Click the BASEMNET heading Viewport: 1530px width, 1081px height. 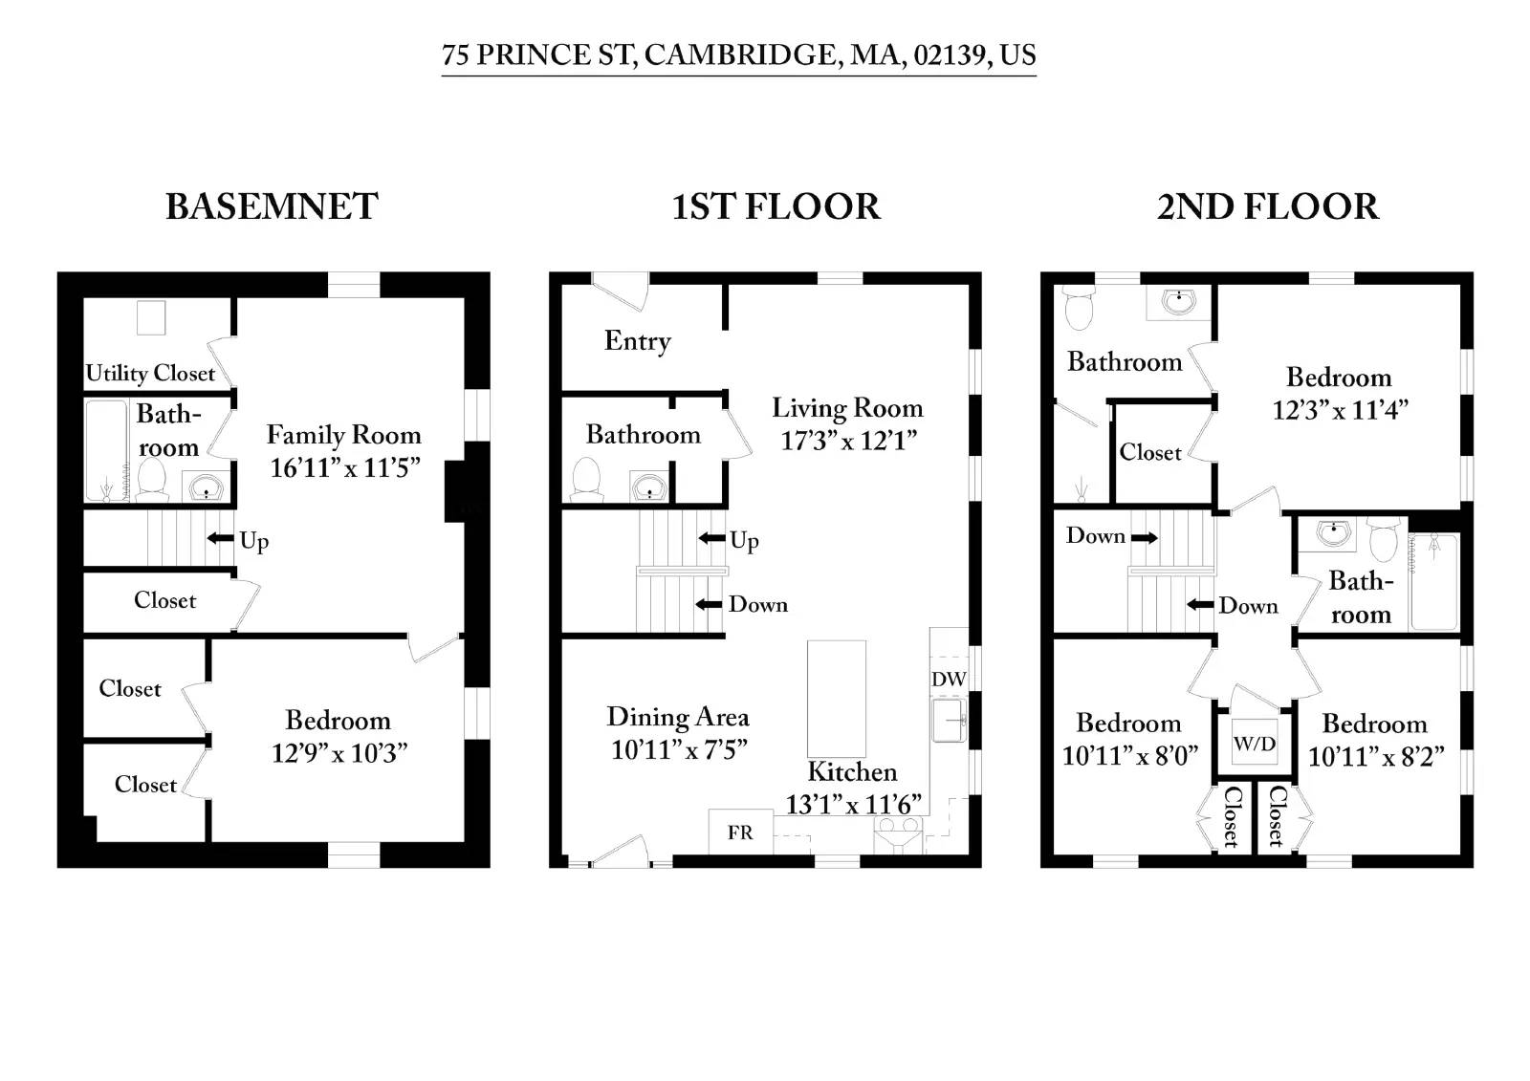click(272, 206)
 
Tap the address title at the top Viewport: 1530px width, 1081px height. click(738, 54)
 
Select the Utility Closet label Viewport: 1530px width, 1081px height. click(150, 373)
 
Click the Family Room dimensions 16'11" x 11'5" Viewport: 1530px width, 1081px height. click(344, 467)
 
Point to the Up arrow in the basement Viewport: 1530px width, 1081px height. click(222, 539)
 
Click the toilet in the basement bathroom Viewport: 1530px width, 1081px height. click(152, 478)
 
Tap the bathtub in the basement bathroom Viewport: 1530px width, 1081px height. click(105, 449)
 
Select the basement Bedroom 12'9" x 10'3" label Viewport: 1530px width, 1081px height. click(339, 736)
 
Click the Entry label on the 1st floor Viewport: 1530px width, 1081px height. click(638, 341)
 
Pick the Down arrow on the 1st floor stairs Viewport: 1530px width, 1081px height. click(709, 604)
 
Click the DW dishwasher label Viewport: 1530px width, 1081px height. click(948, 679)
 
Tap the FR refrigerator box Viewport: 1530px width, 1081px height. click(739, 832)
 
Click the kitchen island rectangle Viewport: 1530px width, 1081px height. click(837, 698)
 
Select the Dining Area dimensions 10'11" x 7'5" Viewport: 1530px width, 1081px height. click(679, 750)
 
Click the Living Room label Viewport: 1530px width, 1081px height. click(847, 408)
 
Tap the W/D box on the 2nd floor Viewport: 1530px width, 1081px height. click(1254, 743)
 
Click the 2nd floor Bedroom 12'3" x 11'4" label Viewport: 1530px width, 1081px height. click(1339, 393)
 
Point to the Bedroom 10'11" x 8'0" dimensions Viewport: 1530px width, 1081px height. click(1129, 756)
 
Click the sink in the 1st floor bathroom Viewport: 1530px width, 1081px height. click(649, 487)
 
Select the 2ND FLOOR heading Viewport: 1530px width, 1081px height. click(1267, 206)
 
